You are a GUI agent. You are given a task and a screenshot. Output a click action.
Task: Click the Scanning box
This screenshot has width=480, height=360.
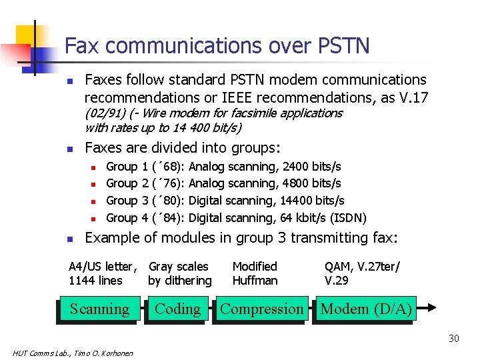click(x=99, y=309)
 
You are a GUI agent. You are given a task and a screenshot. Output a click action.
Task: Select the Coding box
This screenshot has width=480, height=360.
click(x=177, y=309)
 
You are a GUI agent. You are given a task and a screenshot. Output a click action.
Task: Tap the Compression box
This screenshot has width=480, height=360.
click(x=261, y=309)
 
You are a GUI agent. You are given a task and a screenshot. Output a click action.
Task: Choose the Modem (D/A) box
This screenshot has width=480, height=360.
click(x=366, y=309)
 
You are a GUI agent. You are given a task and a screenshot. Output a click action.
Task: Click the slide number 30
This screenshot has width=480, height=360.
click(x=453, y=339)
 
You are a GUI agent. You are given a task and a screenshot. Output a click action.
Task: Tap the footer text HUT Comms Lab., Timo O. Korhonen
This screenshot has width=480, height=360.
click(x=73, y=353)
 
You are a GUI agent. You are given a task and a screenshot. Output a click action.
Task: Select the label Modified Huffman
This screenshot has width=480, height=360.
click(x=255, y=273)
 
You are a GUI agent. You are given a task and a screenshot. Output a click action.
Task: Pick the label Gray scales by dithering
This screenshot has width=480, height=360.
click(x=180, y=273)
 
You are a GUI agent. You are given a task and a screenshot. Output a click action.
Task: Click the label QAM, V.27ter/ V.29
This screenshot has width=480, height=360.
click(x=362, y=273)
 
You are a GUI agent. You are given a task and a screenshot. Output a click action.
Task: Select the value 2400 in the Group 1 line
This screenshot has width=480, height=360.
click(x=297, y=166)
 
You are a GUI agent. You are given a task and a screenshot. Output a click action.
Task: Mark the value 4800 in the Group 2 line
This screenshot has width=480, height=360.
click(x=297, y=183)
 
